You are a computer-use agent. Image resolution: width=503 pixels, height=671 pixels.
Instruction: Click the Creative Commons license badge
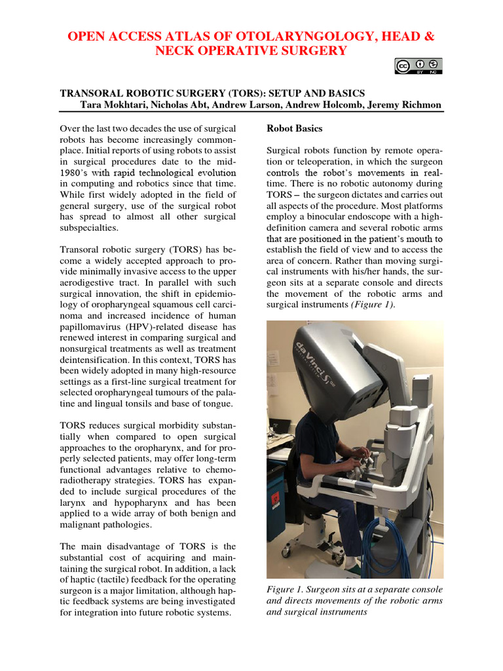(x=418, y=66)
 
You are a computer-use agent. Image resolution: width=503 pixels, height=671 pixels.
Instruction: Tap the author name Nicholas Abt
(x=194, y=105)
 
